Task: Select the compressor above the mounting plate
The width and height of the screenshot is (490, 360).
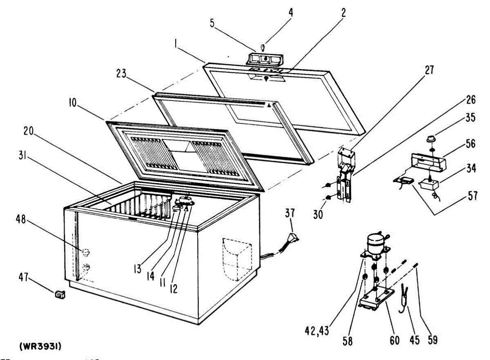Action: tap(376, 244)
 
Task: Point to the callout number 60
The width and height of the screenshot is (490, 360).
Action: tap(394, 340)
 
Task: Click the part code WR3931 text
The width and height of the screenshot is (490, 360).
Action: tap(41, 346)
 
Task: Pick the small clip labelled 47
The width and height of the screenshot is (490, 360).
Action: tap(60, 293)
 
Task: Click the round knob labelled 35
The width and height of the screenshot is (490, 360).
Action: tap(430, 139)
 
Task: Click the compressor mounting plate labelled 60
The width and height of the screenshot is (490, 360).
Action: tap(376, 300)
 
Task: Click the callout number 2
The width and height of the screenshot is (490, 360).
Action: tap(343, 13)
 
